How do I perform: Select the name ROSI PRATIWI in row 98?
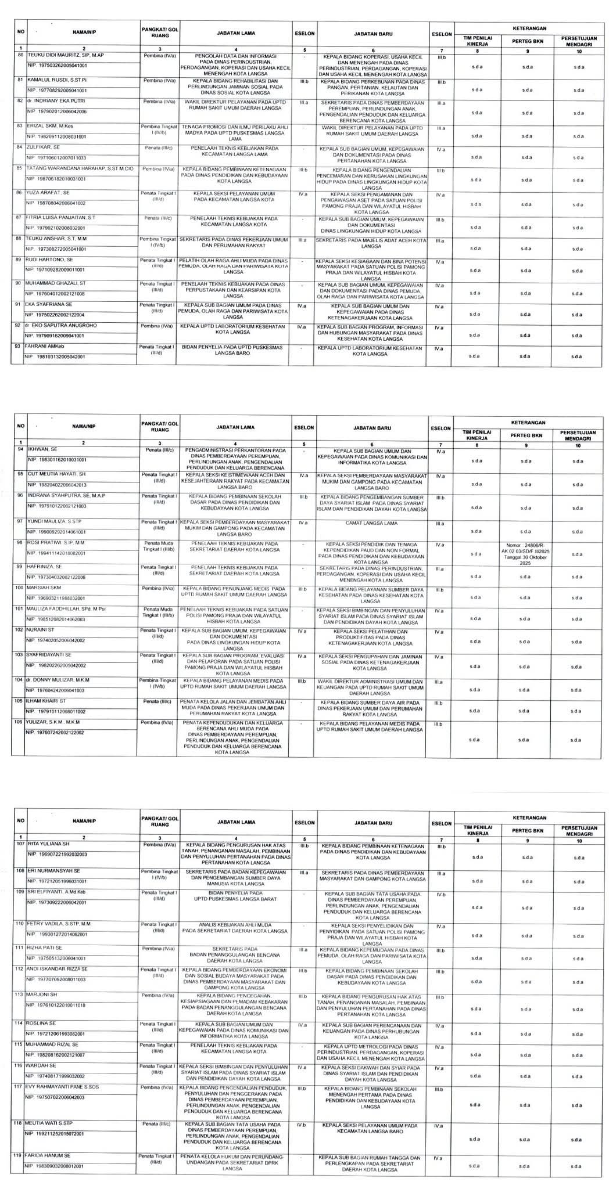click(56, 543)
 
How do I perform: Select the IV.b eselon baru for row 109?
click(440, 895)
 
